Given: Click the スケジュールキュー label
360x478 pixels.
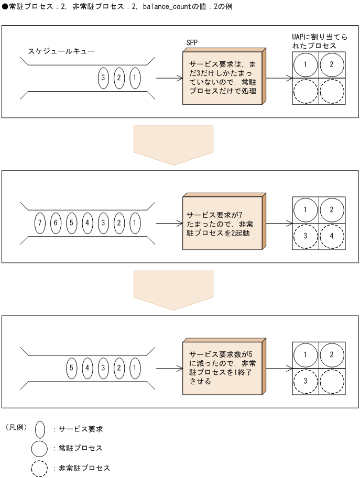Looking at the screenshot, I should click(x=61, y=52).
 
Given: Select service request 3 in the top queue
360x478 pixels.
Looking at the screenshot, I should click(x=103, y=79).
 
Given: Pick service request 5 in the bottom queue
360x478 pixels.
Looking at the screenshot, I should click(x=72, y=368).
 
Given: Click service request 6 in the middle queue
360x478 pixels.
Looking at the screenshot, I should click(x=56, y=223).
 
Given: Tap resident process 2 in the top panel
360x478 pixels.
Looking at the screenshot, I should click(x=332, y=65).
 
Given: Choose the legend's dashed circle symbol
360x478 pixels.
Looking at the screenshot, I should click(x=40, y=468).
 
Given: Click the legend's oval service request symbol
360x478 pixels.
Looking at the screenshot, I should click(x=40, y=429).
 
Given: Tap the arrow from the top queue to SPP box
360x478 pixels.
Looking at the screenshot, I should click(x=169, y=79).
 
